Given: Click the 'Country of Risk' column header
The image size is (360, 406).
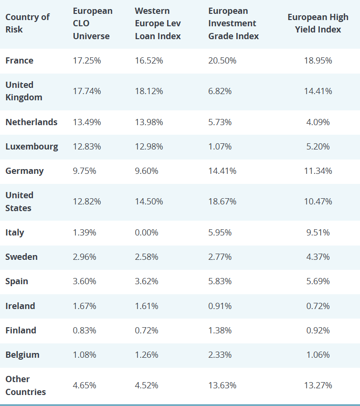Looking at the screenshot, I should tap(27, 23).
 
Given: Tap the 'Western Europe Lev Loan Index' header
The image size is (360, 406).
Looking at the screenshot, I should tap(158, 23).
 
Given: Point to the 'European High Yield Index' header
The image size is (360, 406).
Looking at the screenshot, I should tap(318, 23).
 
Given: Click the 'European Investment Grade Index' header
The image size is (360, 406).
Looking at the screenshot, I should tap(233, 23).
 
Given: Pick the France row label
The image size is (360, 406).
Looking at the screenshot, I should tap(20, 61).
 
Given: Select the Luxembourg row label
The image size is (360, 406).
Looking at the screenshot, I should tap(32, 147).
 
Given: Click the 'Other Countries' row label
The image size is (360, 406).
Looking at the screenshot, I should tap(26, 385).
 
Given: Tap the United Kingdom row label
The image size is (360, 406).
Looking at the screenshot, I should tap(24, 91).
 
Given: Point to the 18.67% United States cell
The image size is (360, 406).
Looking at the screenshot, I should tap(222, 202).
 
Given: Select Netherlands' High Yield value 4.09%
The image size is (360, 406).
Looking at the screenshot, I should tap(318, 122).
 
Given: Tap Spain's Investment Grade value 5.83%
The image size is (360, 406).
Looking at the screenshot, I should tap(220, 281).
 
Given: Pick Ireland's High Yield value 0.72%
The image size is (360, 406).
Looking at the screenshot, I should tap(318, 306).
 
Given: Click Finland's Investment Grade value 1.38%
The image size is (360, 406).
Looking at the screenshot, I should tap(220, 331).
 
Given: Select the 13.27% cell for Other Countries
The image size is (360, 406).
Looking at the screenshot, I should tap(318, 385).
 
